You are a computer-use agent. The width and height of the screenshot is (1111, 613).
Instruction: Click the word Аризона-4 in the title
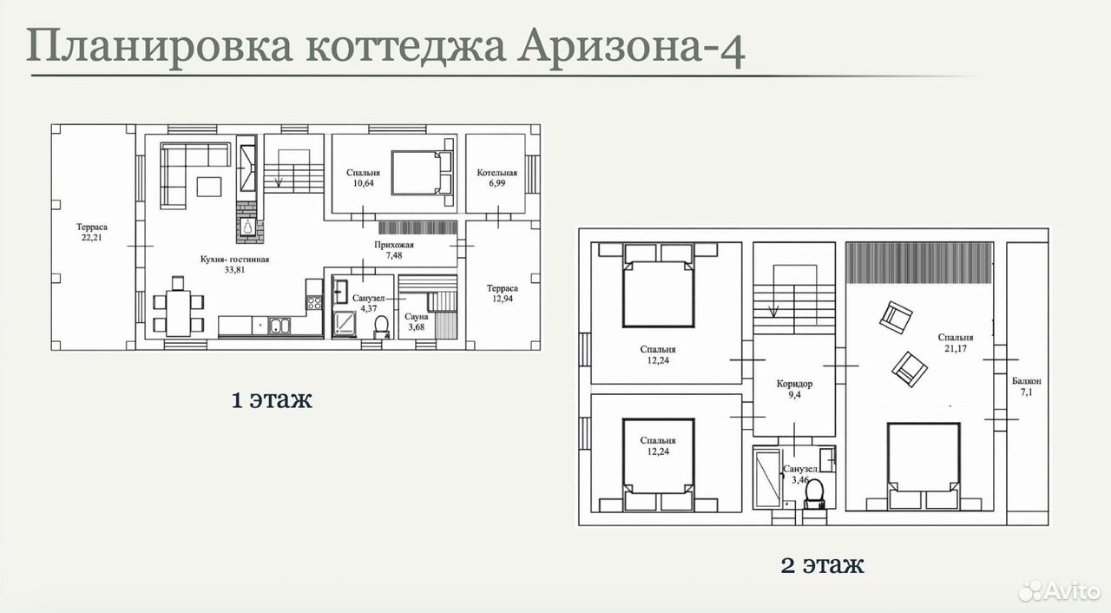(631, 47)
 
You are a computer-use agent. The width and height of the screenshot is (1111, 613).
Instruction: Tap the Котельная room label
(497, 173)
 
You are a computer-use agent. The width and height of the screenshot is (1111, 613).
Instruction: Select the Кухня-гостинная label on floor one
(234, 259)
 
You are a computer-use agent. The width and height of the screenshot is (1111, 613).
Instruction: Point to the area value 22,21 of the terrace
(92, 238)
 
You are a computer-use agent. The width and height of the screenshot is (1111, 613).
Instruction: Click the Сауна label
(416, 316)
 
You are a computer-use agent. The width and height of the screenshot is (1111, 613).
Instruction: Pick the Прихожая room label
(394, 245)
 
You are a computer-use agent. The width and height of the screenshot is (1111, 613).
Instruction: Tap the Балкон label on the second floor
(1026, 381)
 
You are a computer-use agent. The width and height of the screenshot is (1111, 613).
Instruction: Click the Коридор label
(794, 384)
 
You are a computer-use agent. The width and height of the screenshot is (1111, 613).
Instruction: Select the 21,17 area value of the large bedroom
(956, 349)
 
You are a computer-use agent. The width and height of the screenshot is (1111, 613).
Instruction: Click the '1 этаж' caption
(272, 399)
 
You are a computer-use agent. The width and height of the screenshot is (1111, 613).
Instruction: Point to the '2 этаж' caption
(822, 565)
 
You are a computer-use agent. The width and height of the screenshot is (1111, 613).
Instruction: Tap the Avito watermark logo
(1058, 590)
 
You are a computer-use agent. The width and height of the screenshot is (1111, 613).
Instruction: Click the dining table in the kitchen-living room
(178, 313)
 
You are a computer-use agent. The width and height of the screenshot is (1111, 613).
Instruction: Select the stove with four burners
(314, 302)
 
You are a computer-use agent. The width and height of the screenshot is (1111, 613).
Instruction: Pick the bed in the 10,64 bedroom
(422, 173)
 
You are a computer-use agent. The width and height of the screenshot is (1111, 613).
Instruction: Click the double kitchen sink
(279, 326)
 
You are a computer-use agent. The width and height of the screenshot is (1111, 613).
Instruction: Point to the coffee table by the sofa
(209, 187)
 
